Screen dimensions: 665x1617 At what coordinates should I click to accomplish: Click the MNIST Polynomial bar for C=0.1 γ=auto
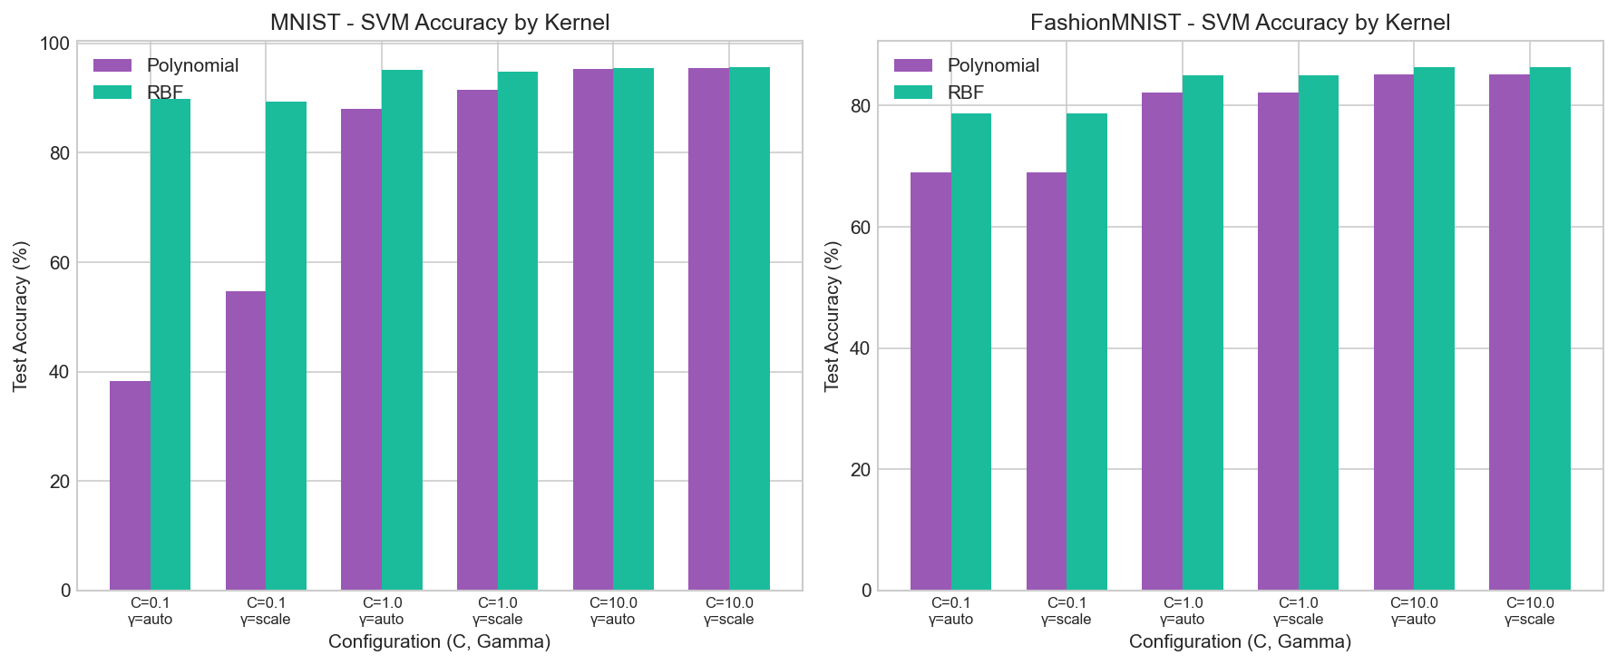pos(130,485)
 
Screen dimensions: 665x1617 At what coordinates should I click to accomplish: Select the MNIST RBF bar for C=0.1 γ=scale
pos(286,346)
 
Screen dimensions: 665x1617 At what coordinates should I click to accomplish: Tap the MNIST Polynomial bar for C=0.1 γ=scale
pos(246,441)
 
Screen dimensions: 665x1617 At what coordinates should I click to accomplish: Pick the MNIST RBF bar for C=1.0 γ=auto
pos(402,330)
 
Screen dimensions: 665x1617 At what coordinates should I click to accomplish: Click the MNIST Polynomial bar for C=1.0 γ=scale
pos(477,340)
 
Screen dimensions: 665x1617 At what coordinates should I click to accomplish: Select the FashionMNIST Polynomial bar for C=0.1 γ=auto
pos(930,381)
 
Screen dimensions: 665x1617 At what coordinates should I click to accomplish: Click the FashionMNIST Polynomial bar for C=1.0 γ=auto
pos(1162,341)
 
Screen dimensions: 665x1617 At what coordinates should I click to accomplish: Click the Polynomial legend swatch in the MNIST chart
pos(113,65)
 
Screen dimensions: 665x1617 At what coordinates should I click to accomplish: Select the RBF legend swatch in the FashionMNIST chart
pos(913,92)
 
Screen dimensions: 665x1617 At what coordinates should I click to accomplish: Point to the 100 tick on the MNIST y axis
pos(56,44)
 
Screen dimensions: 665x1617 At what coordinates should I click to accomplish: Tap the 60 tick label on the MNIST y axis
pos(60,263)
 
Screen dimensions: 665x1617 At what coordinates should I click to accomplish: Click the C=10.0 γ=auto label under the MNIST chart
pos(613,611)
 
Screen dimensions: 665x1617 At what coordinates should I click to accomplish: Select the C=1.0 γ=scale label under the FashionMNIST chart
pos(1298,611)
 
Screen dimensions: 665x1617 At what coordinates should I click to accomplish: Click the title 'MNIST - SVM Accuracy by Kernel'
pos(440,23)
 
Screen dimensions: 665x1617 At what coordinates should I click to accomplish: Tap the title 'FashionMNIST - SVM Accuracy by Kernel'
pos(1240,23)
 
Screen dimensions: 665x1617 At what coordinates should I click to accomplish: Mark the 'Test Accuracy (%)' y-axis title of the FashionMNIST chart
pos(833,316)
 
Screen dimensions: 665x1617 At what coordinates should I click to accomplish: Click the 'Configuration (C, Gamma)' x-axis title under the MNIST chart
pos(439,642)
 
